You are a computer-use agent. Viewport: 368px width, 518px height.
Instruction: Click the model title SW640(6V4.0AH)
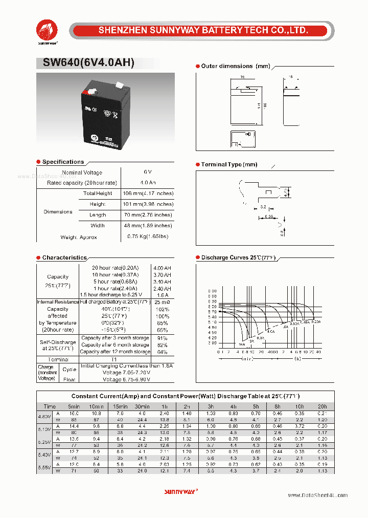click(85, 62)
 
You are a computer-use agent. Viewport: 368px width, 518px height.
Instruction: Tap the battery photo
click(105, 111)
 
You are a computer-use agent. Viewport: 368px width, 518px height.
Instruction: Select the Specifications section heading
click(63, 162)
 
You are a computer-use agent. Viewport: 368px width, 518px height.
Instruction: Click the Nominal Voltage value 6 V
click(148, 172)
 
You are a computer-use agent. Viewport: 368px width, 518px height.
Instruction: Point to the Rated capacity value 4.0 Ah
click(148, 183)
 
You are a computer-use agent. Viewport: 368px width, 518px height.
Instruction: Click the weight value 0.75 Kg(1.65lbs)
click(148, 236)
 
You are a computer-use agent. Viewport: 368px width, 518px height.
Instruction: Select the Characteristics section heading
click(64, 257)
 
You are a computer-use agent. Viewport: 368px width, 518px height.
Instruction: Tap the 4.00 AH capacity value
click(162, 268)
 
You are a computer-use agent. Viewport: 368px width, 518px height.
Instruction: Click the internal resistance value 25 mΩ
click(162, 302)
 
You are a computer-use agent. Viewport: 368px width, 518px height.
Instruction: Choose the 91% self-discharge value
click(162, 338)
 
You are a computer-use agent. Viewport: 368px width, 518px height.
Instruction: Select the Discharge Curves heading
click(238, 257)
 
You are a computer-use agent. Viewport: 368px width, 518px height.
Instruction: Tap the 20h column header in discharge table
click(323, 406)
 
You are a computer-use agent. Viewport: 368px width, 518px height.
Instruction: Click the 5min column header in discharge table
click(74, 406)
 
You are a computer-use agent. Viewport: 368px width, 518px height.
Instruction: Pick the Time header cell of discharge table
click(50, 406)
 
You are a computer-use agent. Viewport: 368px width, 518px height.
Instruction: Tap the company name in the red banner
click(203, 31)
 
